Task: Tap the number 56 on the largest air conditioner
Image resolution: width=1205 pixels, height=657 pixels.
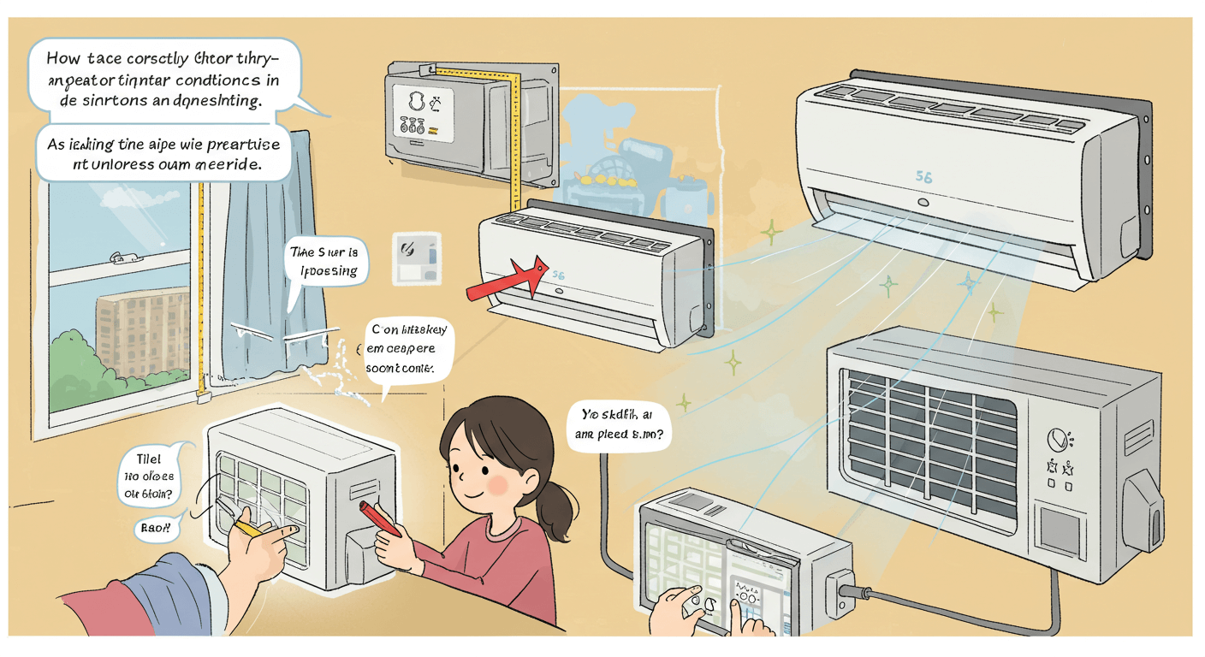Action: coord(923,178)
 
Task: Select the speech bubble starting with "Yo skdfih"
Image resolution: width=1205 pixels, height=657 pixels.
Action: coord(618,423)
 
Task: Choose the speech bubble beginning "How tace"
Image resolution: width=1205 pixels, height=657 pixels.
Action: coord(163,80)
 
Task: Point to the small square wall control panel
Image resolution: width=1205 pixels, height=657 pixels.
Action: coord(418,259)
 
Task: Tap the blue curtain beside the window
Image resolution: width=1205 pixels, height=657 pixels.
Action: coord(274,248)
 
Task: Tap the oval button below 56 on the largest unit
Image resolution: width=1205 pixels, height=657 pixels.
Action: coord(924,204)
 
